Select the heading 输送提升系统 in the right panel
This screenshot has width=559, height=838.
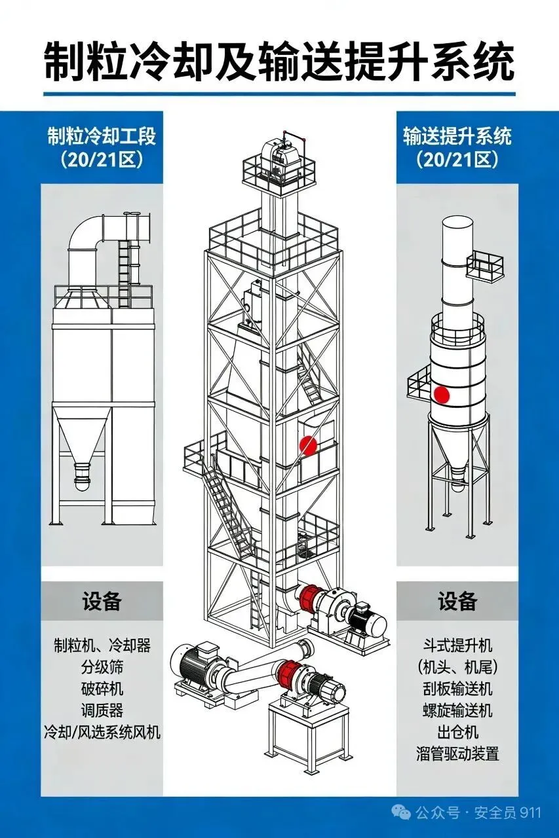pyautogui.click(x=457, y=136)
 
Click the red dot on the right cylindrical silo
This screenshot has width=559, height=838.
pyautogui.click(x=442, y=395)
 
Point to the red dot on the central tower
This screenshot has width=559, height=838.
pyautogui.click(x=308, y=445)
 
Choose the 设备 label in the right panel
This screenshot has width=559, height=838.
pyautogui.click(x=457, y=600)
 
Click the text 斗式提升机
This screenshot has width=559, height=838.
pyautogui.click(x=457, y=646)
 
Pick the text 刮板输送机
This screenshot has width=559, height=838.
pyautogui.click(x=457, y=689)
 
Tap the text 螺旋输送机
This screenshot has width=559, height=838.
pyautogui.click(x=457, y=710)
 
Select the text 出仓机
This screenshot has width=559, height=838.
pyautogui.click(x=457, y=731)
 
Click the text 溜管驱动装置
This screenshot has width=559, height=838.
pyautogui.click(x=457, y=753)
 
